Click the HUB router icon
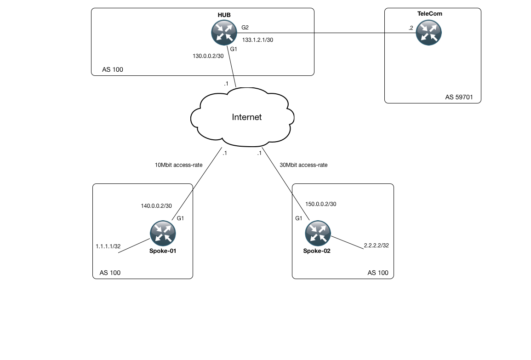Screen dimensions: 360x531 tap(224, 33)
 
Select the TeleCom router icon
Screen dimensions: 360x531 tap(428, 33)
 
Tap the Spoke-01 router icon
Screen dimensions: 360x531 tap(163, 233)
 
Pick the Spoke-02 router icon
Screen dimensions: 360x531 tap(318, 233)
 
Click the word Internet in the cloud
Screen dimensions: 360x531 tap(247, 117)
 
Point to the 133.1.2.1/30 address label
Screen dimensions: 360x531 tap(258, 40)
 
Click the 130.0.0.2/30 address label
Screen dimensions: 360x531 tap(208, 56)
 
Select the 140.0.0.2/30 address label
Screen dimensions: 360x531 tap(156, 206)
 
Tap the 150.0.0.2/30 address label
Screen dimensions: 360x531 tap(321, 204)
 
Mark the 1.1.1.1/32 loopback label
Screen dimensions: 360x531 tap(108, 246)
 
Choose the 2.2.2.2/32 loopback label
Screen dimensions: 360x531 tap(377, 246)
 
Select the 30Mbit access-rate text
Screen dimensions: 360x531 tap(303, 165)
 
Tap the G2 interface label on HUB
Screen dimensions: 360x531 tap(245, 28)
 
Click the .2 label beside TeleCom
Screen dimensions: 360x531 tap(411, 28)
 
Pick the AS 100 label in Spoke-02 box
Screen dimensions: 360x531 tap(378, 273)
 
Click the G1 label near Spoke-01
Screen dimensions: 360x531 tap(180, 218)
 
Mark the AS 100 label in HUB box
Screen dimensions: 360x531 tap(113, 70)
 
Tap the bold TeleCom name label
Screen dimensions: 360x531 tap(429, 14)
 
